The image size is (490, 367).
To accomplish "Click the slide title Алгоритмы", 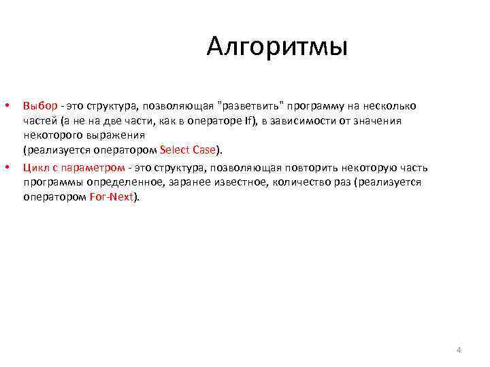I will [x=277, y=48].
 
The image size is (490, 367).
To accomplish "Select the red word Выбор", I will [x=40, y=106].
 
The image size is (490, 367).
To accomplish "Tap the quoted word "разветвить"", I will [x=252, y=106].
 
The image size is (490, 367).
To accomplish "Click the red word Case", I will [x=204, y=150].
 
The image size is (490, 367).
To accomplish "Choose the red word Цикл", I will [x=35, y=168].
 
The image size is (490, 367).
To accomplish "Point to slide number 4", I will [x=458, y=350].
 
